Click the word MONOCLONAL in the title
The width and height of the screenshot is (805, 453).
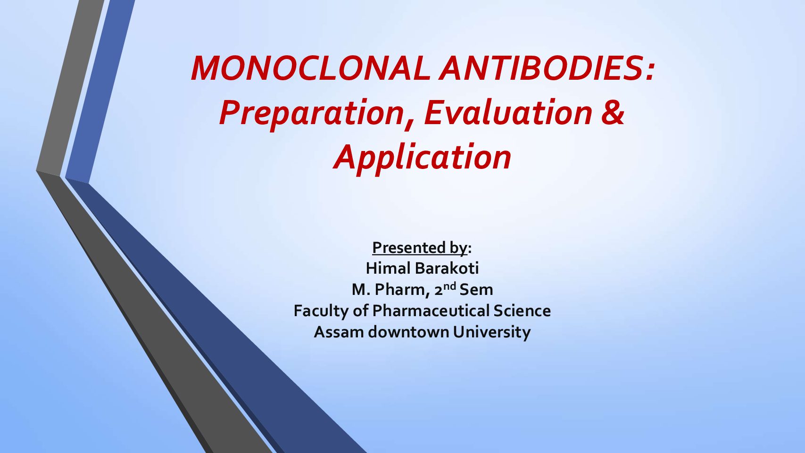pos(310,68)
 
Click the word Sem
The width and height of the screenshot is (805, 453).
pos(476,290)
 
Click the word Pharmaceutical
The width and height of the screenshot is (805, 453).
pos(431,310)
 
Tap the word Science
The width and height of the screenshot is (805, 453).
pos(522,310)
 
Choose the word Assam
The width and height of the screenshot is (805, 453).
pos(339,332)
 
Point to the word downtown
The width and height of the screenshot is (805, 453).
pos(408,332)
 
